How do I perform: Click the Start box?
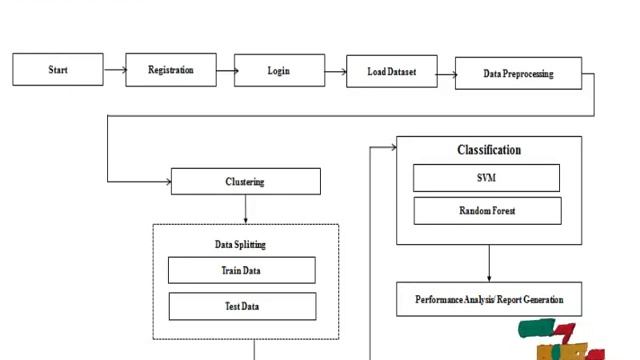(58, 70)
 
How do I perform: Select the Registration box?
(171, 70)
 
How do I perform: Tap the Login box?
(279, 70)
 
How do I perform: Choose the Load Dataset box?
(391, 71)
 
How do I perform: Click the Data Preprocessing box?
(518, 73)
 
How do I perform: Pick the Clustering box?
(246, 181)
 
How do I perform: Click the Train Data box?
(241, 270)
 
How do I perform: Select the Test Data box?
(241, 306)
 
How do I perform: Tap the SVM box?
(486, 178)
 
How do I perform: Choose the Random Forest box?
(487, 211)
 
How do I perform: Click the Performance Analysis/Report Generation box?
(489, 299)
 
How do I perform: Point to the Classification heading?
(489, 150)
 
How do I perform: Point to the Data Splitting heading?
(240, 244)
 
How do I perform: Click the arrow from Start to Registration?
(114, 70)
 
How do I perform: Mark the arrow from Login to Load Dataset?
(335, 70)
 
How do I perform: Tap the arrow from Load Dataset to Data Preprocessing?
(446, 72)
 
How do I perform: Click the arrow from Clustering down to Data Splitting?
(246, 209)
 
